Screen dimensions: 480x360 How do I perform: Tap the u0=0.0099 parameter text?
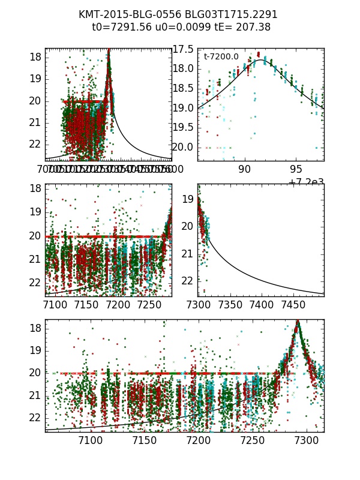pyautogui.click(x=178, y=28)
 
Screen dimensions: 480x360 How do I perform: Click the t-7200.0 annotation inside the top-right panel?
pyautogui.click(x=221, y=57)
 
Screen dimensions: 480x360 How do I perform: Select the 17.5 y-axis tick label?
pyautogui.click(x=183, y=49)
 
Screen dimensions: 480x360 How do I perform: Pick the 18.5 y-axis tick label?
pyautogui.click(x=183, y=88)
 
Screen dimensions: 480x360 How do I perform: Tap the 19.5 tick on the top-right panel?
pyautogui.click(x=183, y=127)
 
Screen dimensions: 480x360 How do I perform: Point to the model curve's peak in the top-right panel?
pyautogui.click(x=262, y=60)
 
